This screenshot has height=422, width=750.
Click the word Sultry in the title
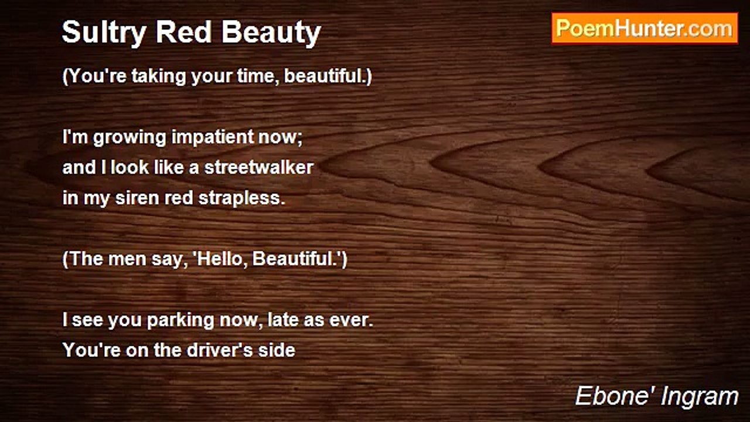pyautogui.click(x=104, y=33)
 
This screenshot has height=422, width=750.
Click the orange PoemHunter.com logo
pyautogui.click(x=645, y=29)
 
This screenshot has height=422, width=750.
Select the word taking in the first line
pyautogui.click(x=158, y=76)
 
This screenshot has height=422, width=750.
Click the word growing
pyautogui.click(x=129, y=138)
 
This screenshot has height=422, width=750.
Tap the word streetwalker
pyautogui.click(x=259, y=167)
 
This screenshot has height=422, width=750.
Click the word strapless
pyautogui.click(x=241, y=198)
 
